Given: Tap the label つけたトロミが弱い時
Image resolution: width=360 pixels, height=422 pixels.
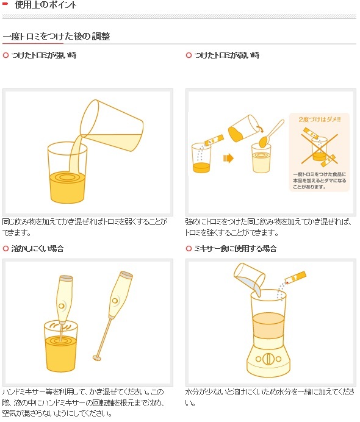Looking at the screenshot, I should pyautogui.click(x=226, y=55).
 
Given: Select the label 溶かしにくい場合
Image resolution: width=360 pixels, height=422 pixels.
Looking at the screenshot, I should pyautogui.click(x=37, y=249).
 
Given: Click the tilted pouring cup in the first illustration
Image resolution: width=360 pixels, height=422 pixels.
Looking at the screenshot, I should pyautogui.click(x=113, y=124).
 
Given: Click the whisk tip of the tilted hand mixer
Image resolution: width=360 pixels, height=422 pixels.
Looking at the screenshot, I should pyautogui.click(x=96, y=357).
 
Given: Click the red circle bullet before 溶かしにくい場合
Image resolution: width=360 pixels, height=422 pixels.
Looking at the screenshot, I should pyautogui.click(x=5, y=249).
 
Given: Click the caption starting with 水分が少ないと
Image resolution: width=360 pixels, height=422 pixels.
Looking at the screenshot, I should pyautogui.click(x=268, y=396).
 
